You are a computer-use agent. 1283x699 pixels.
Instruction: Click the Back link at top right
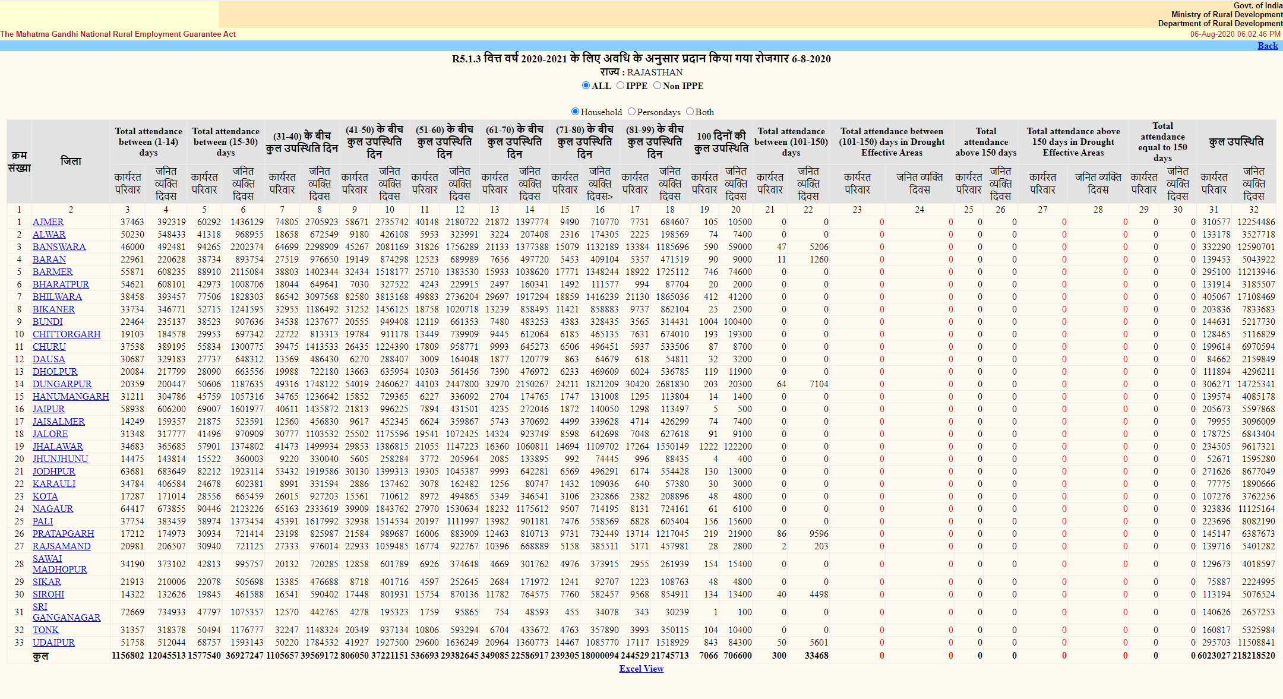tap(1268, 46)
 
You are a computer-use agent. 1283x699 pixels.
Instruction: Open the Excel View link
tap(641, 669)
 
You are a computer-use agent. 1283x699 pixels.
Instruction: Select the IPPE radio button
tap(621, 86)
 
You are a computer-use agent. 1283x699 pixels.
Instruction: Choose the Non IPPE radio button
tap(658, 86)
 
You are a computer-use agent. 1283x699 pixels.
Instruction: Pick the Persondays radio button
tap(632, 112)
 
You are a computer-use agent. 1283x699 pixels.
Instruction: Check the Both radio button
tap(690, 112)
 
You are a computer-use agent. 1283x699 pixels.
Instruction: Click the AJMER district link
tap(48, 222)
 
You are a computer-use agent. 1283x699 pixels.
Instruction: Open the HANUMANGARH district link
tap(71, 397)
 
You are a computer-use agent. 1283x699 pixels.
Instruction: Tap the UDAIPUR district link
tap(53, 643)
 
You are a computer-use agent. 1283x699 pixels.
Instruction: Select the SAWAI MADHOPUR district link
tap(59, 564)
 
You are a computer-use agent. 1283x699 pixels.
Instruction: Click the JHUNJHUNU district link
tap(60, 459)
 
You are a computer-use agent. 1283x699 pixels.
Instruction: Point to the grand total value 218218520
tap(1253, 656)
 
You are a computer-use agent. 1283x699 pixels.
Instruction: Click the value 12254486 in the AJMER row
tap(1256, 222)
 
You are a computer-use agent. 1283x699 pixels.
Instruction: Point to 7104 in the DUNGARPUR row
tap(819, 384)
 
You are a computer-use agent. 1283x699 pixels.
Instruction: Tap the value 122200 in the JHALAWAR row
tap(737, 447)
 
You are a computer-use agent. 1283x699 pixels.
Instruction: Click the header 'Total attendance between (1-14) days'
tap(148, 141)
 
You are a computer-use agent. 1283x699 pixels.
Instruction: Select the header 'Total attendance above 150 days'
tap(985, 141)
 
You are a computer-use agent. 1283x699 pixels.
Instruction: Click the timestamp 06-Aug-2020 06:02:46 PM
tap(1235, 34)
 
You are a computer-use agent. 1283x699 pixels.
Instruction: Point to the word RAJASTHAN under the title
tap(655, 72)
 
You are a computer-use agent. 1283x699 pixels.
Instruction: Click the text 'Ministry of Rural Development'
tap(1227, 14)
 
